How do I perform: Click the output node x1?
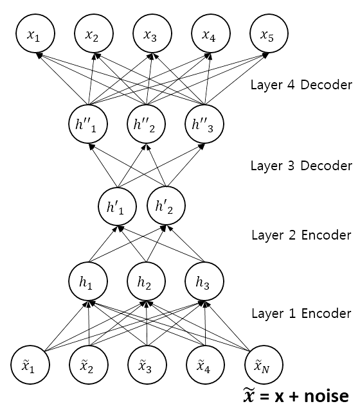tap(35, 33)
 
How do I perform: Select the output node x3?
tap(152, 33)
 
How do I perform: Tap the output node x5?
tap(269, 33)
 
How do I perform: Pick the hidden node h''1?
tap(88, 124)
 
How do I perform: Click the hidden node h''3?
tap(204, 124)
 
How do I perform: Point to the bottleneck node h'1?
tap(118, 206)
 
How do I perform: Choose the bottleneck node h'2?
tap(166, 206)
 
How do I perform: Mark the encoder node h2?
tap(146, 281)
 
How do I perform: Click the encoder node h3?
tap(204, 281)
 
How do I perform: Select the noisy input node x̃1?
tap(30, 365)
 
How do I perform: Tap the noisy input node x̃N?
tap(264, 365)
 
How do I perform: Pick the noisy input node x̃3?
tap(147, 365)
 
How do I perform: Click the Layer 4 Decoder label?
tap(301, 85)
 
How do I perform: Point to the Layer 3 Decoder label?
tap(301, 166)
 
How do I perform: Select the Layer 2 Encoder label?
tap(301, 235)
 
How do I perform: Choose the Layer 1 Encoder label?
tap(301, 313)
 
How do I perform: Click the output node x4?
tap(211, 33)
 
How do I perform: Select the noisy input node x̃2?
tap(89, 365)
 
